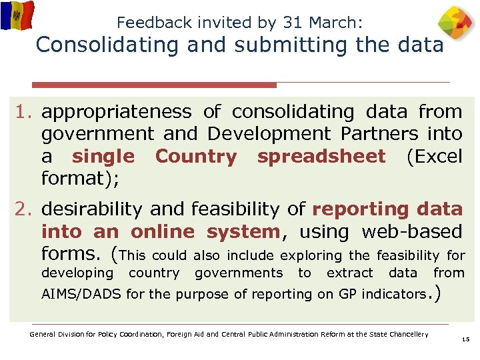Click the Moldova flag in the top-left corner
click(x=17, y=15)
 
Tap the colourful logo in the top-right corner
click(x=457, y=24)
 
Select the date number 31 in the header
click(x=292, y=22)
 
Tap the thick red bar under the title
click(x=155, y=85)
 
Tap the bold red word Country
click(x=195, y=157)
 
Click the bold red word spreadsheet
click(x=321, y=157)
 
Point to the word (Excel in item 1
click(x=433, y=157)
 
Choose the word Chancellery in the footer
click(x=408, y=334)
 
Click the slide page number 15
click(x=465, y=340)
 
